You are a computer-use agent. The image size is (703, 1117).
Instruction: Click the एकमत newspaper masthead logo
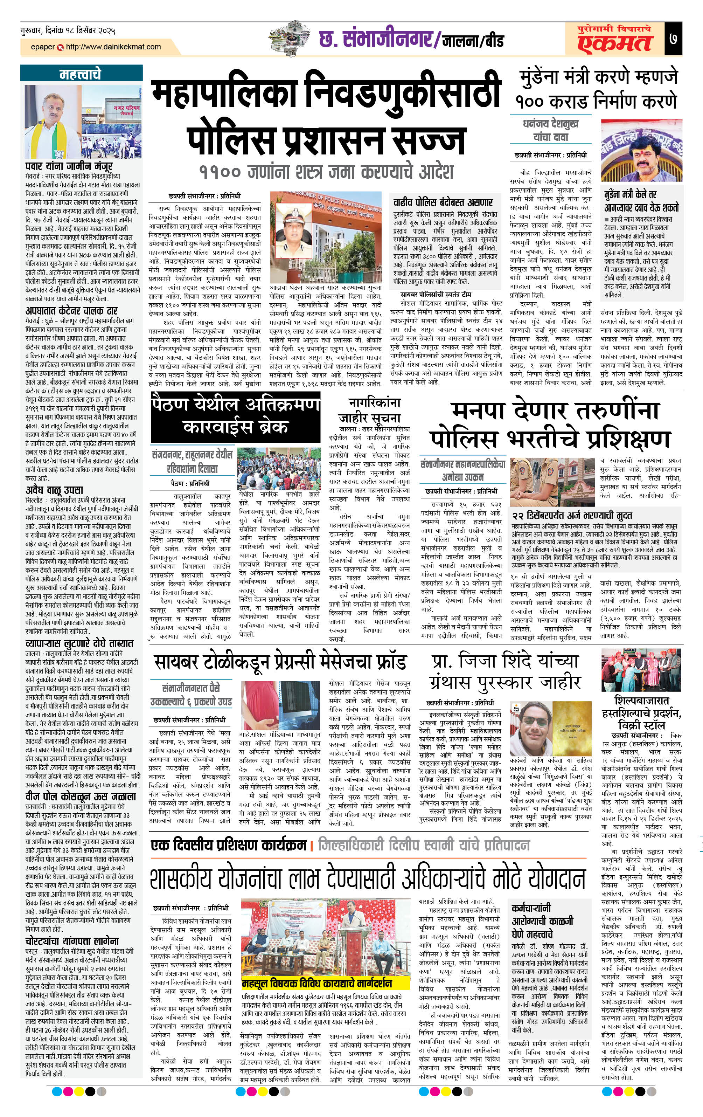pyautogui.click(x=614, y=40)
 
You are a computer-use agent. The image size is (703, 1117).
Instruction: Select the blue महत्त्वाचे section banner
pyautogui.click(x=81, y=74)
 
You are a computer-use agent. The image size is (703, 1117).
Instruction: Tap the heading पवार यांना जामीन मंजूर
pyautogui.click(x=69, y=166)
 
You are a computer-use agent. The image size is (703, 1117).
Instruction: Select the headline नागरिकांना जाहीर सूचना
pyautogui.click(x=374, y=409)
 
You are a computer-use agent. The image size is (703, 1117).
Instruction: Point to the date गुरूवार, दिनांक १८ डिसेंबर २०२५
pyautogui.click(x=68, y=31)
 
